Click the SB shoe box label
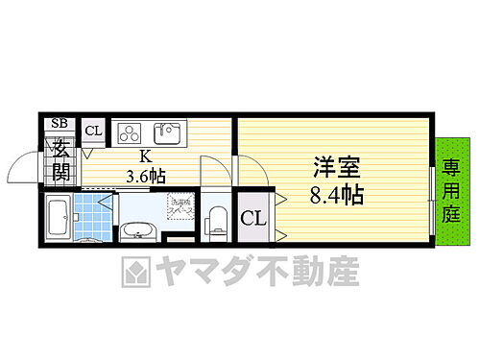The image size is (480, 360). click(60, 123)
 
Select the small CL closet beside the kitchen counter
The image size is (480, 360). click(93, 132)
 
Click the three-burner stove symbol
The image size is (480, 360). click(129, 132)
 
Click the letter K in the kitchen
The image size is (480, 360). click(146, 156)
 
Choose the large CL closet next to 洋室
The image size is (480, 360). click(252, 218)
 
